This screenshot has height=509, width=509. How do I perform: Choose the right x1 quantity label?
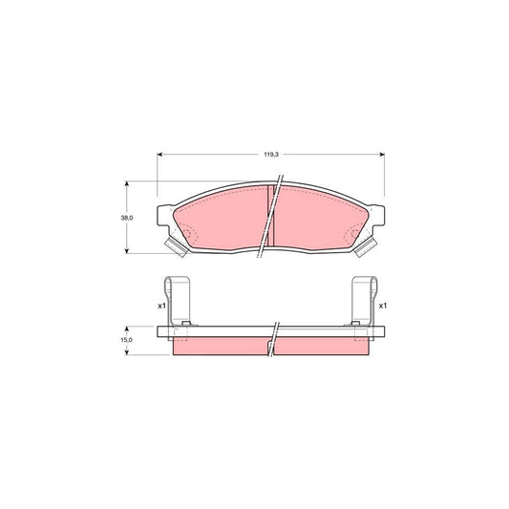383,306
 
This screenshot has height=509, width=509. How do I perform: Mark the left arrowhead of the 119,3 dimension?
160,156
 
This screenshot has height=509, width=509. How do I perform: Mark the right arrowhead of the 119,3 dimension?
381,156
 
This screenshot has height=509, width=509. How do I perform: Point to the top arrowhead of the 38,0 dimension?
127,184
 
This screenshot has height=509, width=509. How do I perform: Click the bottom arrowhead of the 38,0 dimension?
127,249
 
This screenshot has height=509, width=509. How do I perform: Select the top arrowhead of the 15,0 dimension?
127,328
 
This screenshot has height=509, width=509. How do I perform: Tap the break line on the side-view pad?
275,339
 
